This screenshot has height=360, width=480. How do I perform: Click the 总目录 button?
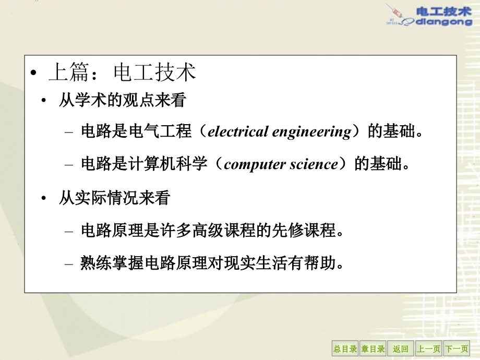point(345,349)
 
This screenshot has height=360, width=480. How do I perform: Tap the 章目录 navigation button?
point(373,349)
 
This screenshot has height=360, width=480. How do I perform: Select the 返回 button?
point(401,349)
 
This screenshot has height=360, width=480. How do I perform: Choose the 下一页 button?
point(457,349)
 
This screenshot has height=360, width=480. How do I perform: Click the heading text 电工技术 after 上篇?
point(154,73)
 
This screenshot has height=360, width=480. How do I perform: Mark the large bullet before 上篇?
point(34,74)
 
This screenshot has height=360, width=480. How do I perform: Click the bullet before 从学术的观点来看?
point(45,100)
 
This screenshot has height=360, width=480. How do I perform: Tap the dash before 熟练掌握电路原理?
point(68,263)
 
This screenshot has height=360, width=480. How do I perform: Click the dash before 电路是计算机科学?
point(68,165)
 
